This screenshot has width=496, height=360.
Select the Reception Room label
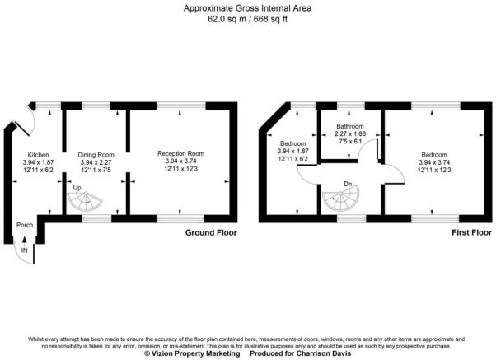click(x=181, y=154)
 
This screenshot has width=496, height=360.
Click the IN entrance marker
click(x=25, y=250)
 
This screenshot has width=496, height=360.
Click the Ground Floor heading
click(x=209, y=233)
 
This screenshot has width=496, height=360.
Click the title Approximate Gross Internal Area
click(x=248, y=7)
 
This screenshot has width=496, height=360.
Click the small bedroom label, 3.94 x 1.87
click(x=292, y=151)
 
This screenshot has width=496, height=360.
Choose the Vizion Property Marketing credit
click(x=192, y=354)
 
